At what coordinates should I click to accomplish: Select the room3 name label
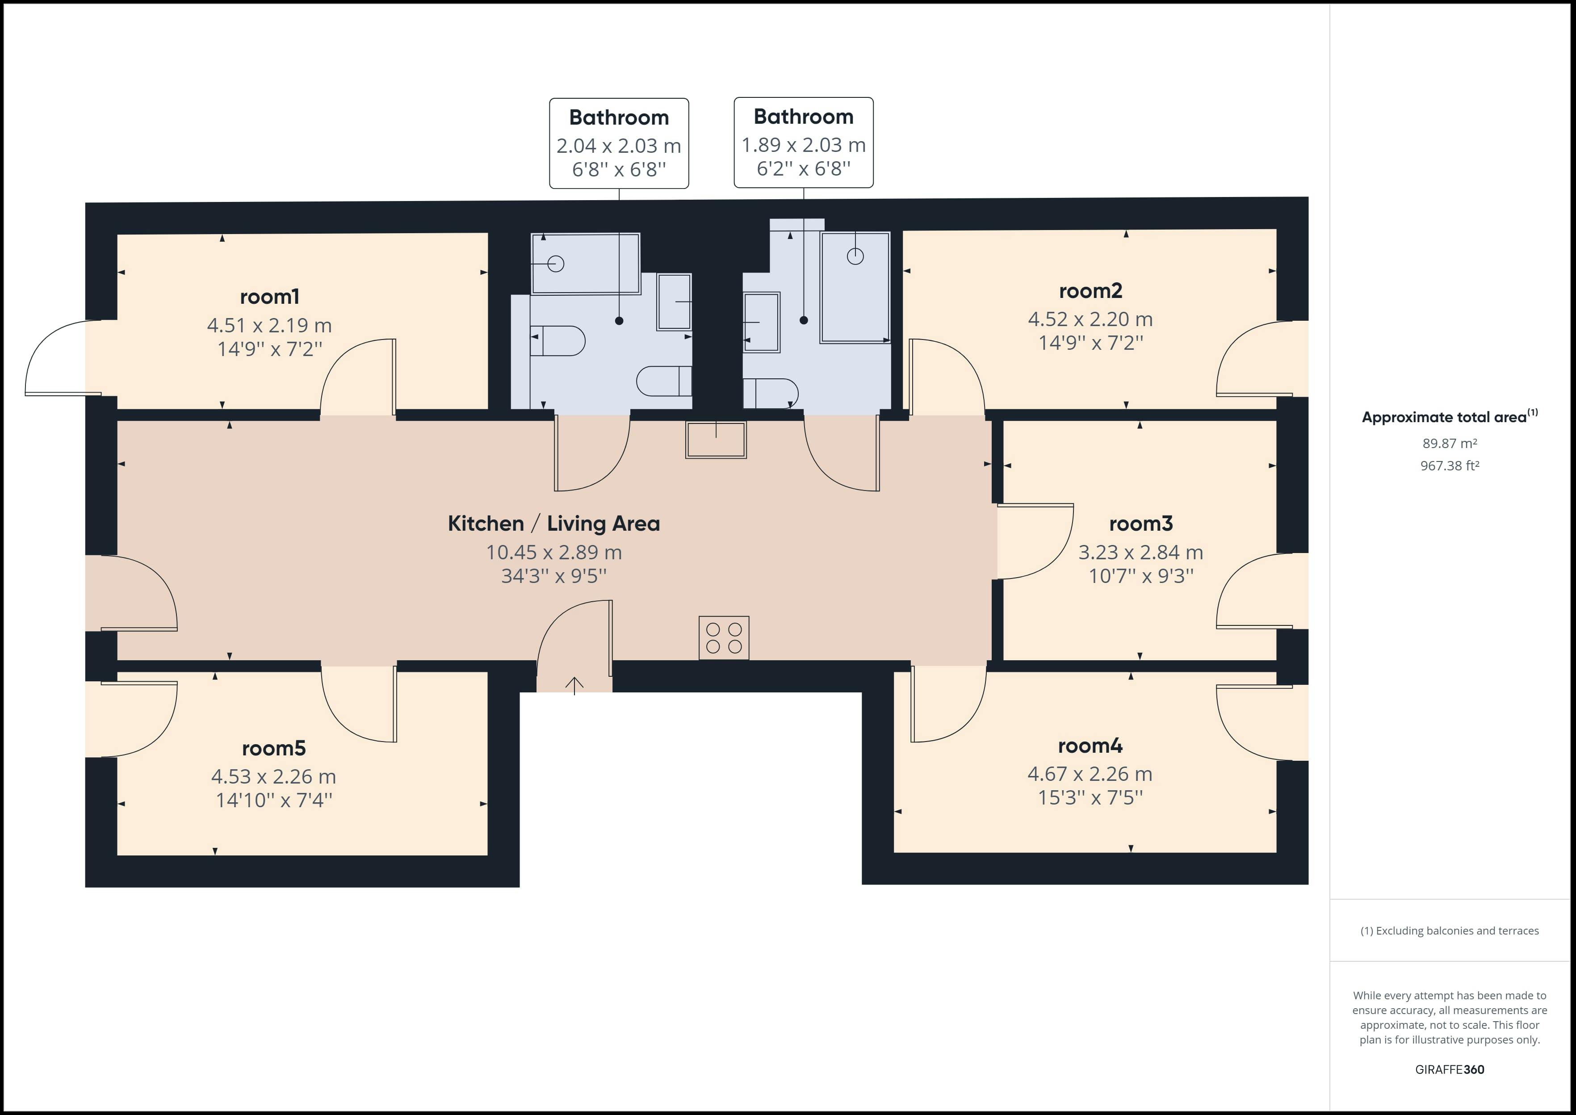(1141, 524)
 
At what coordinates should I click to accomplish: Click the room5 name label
(273, 748)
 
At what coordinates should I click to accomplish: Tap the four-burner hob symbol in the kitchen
(724, 638)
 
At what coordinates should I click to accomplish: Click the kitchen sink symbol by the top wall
(716, 440)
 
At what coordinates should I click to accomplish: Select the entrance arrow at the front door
(574, 684)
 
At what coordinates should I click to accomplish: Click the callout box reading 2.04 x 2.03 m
(618, 143)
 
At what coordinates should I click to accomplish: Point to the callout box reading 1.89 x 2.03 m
(803, 143)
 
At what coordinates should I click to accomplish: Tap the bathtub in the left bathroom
(586, 264)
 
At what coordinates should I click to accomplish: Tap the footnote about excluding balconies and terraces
(1449, 931)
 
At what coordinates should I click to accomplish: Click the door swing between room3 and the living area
(1034, 542)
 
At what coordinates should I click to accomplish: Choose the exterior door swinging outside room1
(59, 358)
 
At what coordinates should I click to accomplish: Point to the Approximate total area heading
(1449, 417)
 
